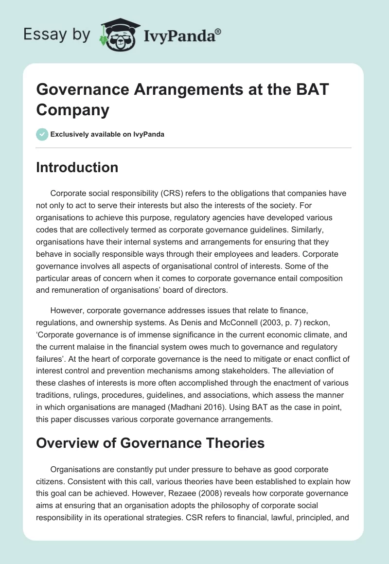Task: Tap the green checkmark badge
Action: [42, 134]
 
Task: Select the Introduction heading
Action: [77, 167]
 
